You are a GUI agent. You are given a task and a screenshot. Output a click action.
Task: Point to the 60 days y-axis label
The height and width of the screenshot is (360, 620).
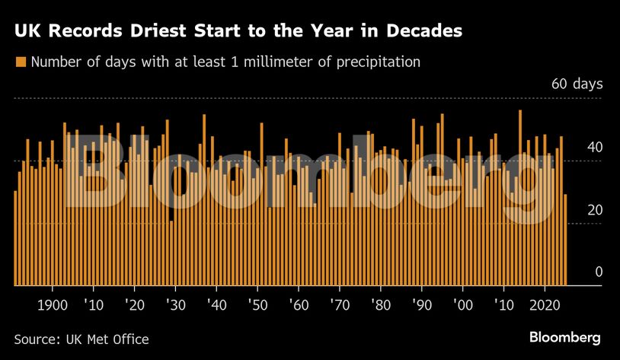pyautogui.click(x=577, y=84)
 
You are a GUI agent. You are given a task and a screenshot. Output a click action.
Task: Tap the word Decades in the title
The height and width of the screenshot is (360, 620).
pyautogui.click(x=423, y=32)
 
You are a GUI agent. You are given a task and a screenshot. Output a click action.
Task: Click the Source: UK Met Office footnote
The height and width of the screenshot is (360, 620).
pyautogui.click(x=81, y=339)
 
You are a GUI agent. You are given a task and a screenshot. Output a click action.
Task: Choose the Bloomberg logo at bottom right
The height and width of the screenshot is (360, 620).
pyautogui.click(x=564, y=337)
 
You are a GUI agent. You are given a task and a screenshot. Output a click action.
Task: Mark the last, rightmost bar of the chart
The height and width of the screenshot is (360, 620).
pyautogui.click(x=565, y=240)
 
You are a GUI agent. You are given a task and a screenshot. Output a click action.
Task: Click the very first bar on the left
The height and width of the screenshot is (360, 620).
pyautogui.click(x=15, y=237)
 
